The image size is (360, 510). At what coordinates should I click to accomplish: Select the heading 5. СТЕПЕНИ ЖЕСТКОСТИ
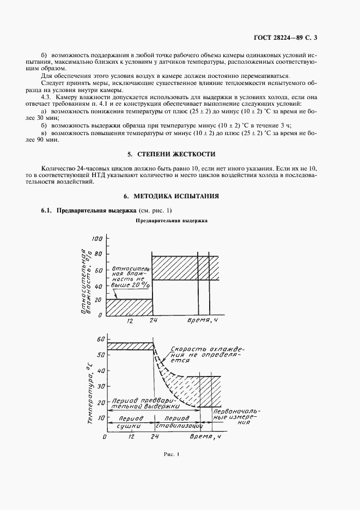click(180, 154)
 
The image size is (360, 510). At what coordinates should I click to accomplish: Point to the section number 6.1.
click(47, 211)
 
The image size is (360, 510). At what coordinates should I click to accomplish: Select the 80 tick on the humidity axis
click(97, 254)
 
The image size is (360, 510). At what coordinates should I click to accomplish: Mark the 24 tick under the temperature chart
click(154, 437)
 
